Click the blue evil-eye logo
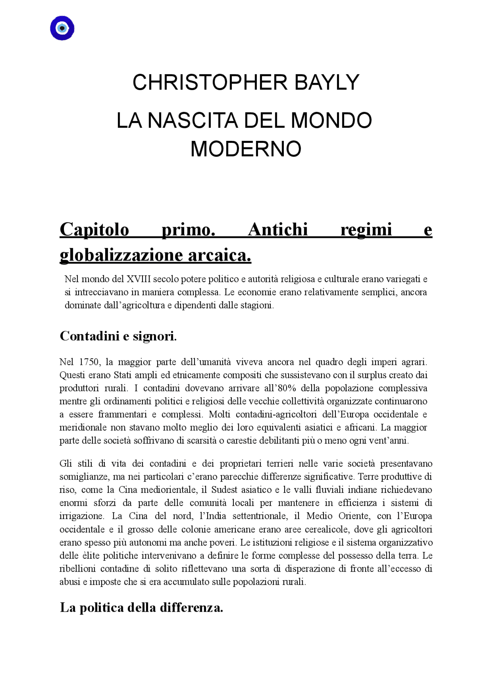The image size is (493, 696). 62,28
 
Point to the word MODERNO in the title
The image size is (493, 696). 246,149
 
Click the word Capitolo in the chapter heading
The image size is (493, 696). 94,230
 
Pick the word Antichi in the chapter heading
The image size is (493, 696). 278,230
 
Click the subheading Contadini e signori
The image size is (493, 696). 118,336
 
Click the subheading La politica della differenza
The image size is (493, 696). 141,608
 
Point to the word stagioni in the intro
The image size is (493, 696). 257,305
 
